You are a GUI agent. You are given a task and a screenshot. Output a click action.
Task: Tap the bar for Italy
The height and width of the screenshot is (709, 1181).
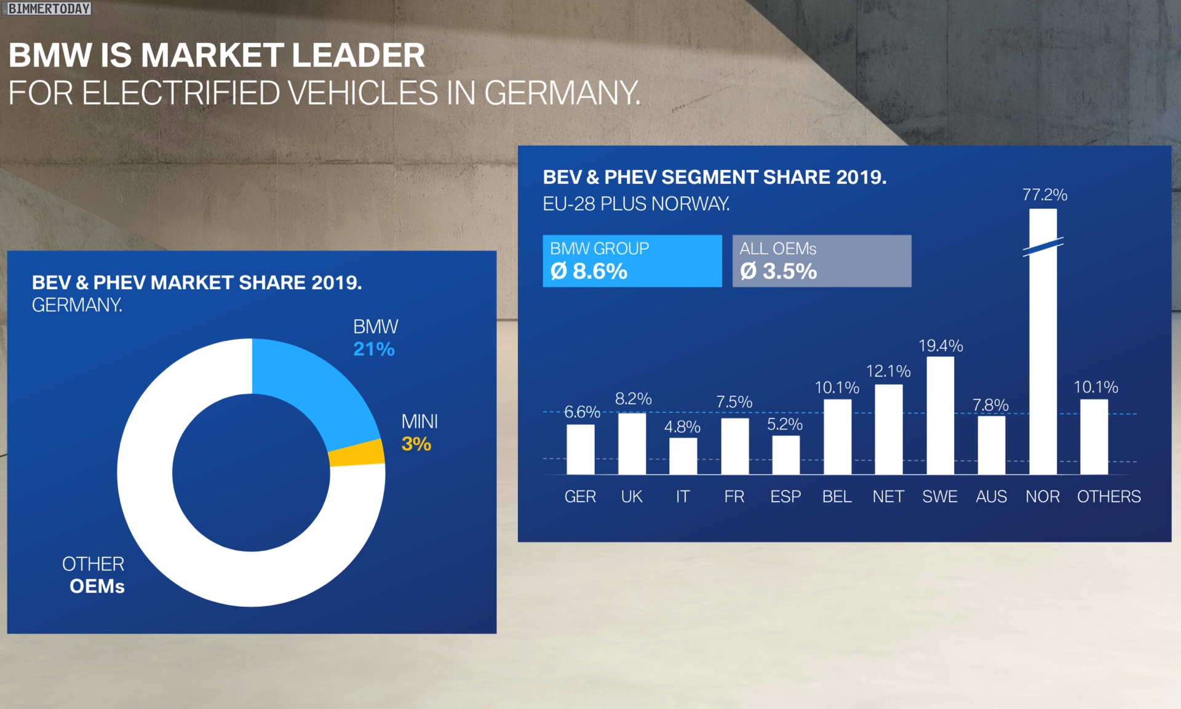coord(683,456)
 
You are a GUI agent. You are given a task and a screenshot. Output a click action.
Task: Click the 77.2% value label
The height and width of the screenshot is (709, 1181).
coord(1044,195)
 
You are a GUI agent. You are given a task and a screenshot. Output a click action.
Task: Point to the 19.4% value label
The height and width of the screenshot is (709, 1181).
coord(940,346)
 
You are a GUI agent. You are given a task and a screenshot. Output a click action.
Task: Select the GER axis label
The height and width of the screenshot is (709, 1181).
coord(580,497)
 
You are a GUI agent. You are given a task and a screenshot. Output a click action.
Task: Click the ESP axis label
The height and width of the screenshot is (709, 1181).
coord(785,497)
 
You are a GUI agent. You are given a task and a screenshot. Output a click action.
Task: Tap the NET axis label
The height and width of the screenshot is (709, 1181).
coord(888,497)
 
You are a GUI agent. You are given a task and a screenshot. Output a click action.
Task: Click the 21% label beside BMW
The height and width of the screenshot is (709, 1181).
coord(374,350)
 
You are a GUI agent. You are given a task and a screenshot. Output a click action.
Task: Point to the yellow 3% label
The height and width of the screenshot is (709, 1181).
coord(416,444)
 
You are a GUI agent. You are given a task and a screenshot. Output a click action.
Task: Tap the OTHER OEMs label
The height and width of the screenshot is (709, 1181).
coord(94,575)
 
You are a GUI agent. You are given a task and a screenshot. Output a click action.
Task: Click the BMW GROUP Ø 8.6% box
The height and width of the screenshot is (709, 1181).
coord(632,261)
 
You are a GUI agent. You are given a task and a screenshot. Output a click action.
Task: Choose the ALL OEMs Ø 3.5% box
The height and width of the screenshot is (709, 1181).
coord(822,261)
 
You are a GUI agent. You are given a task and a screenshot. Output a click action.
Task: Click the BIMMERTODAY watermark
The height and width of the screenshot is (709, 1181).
coord(48,9)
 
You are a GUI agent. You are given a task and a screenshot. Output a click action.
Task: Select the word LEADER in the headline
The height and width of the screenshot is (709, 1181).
coord(358,55)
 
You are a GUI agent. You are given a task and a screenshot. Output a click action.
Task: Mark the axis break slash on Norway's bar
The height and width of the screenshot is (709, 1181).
coord(1043,247)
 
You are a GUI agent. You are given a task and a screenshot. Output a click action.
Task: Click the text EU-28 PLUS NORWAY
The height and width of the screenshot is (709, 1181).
coord(636,204)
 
